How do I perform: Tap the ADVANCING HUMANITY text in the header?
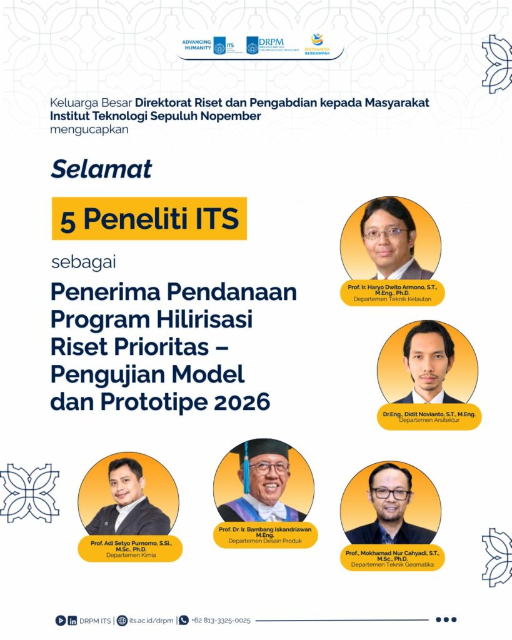click(197, 45)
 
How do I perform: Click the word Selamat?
click(101, 169)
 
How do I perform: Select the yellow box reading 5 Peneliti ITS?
click(149, 218)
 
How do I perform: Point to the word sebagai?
click(84, 262)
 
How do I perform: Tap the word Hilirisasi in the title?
click(204, 319)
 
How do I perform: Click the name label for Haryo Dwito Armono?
click(393, 293)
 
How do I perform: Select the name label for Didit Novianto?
click(429, 417)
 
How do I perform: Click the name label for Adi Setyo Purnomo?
click(131, 549)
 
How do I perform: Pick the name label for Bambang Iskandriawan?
click(265, 535)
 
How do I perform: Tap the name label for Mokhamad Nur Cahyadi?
click(393, 558)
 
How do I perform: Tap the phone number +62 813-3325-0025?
click(221, 621)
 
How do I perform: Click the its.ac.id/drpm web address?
click(151, 621)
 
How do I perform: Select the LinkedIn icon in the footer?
click(73, 621)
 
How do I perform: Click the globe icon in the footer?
click(122, 621)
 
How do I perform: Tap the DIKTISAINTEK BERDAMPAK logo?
click(317, 45)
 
